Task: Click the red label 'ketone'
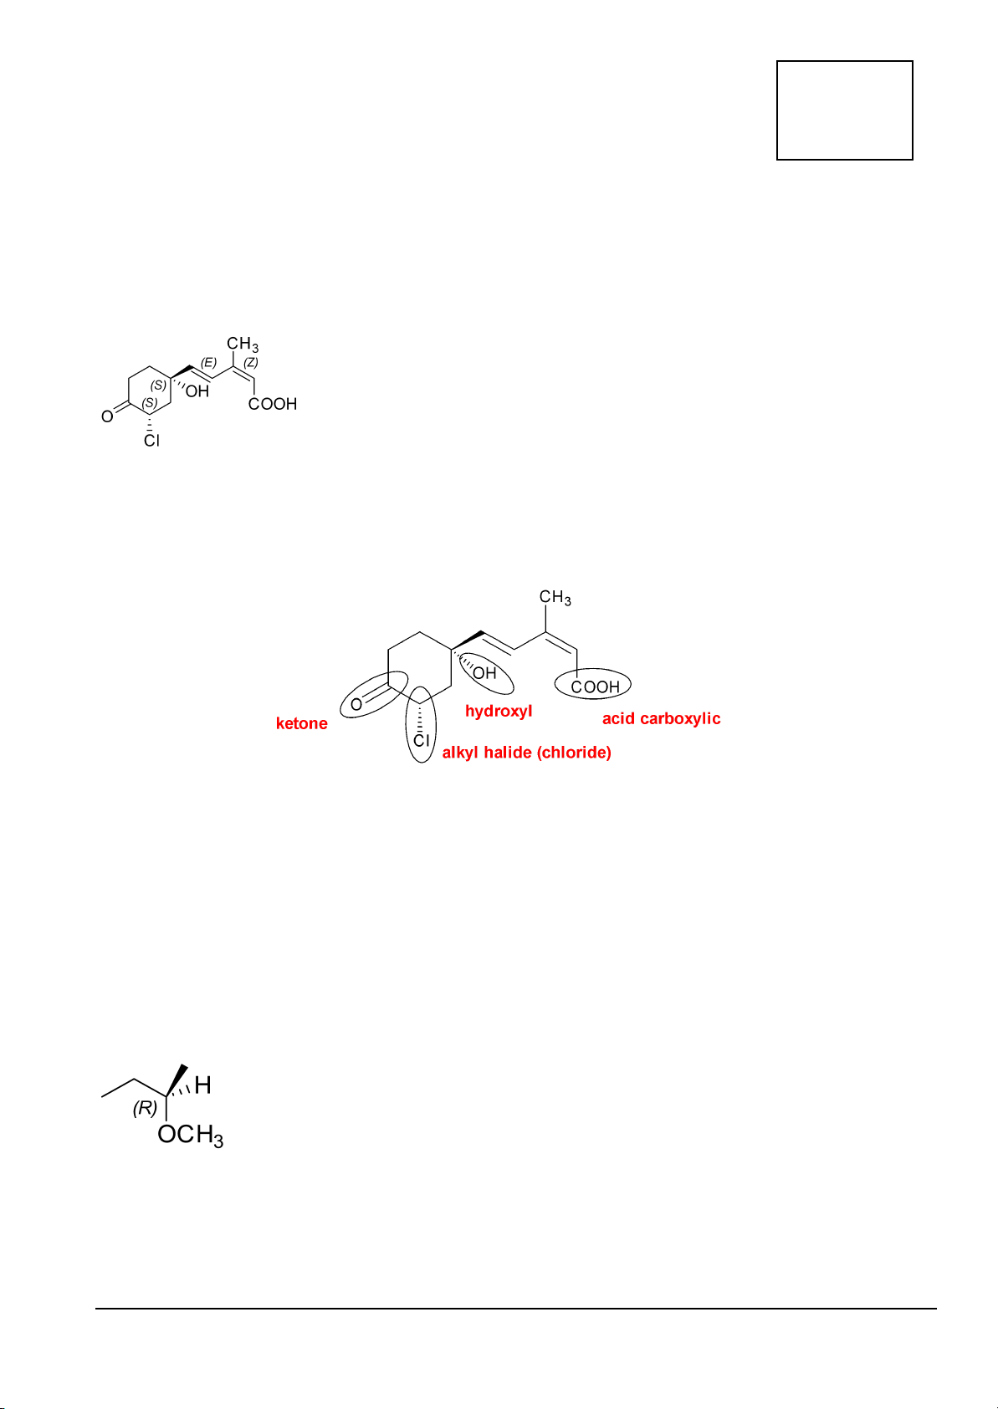click(301, 723)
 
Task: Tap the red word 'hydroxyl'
click(499, 711)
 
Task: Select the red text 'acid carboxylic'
click(661, 718)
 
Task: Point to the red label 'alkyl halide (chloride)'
click(526, 753)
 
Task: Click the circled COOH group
click(595, 687)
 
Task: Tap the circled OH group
click(485, 673)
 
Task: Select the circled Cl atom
click(422, 740)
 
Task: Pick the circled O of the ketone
click(357, 704)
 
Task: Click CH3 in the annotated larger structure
click(555, 598)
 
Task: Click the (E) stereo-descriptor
click(208, 362)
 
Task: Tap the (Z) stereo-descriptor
click(251, 362)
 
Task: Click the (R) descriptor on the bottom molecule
click(145, 1108)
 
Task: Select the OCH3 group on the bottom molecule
click(190, 1136)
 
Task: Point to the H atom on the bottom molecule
click(202, 1086)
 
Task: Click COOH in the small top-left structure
click(273, 404)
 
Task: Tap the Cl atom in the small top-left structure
click(151, 440)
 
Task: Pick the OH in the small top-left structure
click(197, 391)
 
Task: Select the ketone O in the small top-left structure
click(107, 416)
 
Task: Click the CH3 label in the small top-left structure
click(243, 344)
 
